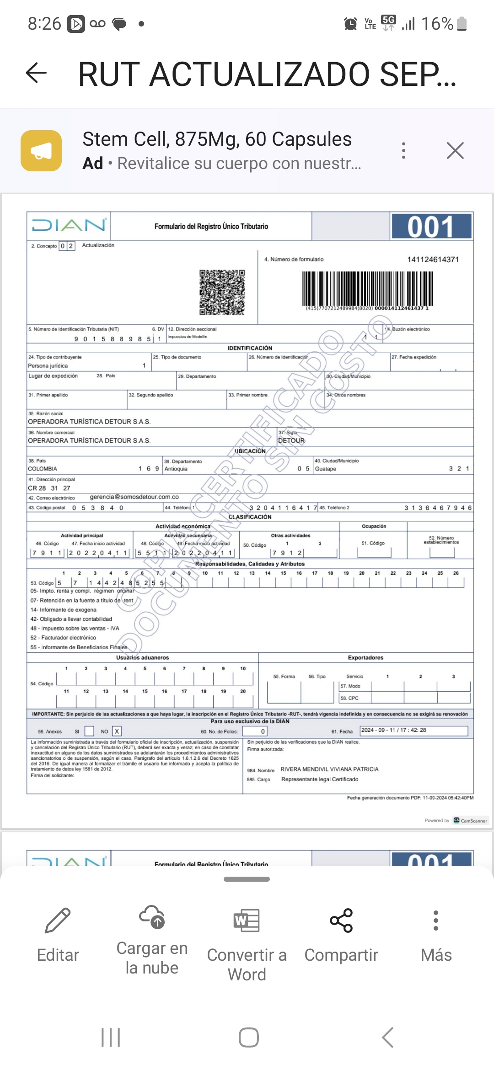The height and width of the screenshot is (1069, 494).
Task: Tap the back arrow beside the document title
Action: click(x=37, y=73)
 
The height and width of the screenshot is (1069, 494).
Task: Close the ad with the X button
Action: click(x=455, y=150)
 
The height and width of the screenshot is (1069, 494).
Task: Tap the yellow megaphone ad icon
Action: click(x=41, y=151)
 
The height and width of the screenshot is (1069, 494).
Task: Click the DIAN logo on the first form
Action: click(x=69, y=225)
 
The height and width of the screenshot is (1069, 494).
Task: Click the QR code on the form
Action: click(x=222, y=292)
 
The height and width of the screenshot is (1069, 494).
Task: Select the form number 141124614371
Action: click(x=433, y=259)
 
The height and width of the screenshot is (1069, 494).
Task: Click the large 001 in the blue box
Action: click(x=431, y=227)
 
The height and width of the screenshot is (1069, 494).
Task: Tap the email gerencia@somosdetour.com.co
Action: click(x=134, y=497)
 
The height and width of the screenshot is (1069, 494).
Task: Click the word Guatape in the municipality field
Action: click(x=326, y=469)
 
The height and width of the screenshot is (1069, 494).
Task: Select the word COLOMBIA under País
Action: click(x=43, y=469)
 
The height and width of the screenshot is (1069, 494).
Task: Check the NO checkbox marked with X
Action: click(x=117, y=731)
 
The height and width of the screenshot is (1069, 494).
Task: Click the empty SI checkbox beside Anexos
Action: click(x=90, y=731)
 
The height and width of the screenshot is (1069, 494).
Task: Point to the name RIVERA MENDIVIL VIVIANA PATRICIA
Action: click(x=329, y=769)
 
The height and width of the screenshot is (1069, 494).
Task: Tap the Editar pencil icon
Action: click(x=58, y=921)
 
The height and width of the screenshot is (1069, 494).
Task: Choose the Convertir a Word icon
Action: click(x=247, y=921)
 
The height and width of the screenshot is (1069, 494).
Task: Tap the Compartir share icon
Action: click(x=341, y=921)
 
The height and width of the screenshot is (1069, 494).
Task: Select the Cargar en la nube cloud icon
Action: click(x=152, y=917)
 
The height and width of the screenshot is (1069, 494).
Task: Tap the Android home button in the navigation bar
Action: click(x=248, y=1037)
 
